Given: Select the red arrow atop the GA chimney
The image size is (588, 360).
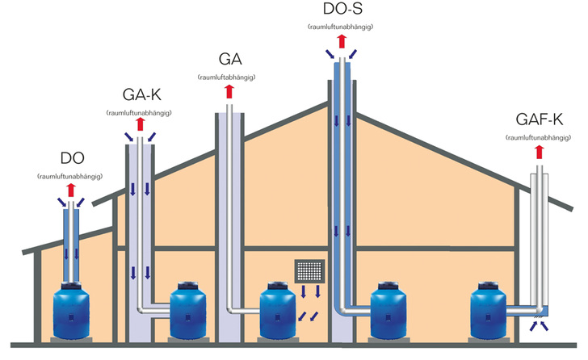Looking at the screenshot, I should (x=230, y=93).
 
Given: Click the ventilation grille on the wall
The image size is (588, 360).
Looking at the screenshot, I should (x=310, y=269).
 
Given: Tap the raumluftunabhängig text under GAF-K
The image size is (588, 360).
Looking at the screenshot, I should (x=537, y=138).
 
